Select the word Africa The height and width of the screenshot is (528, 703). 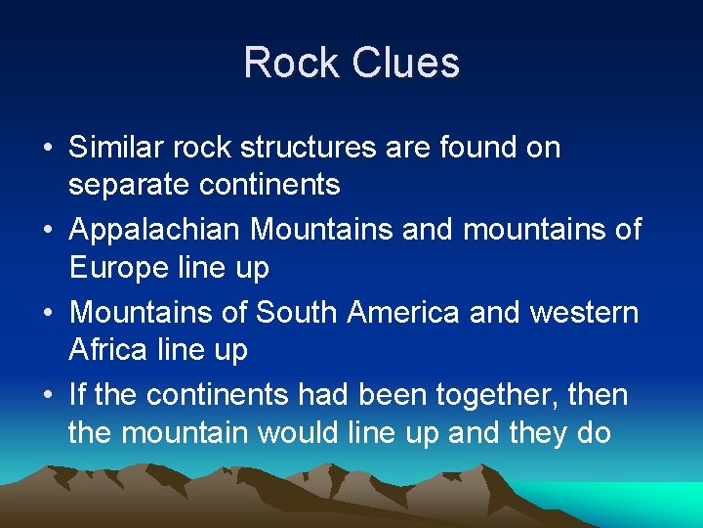(x=109, y=349)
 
